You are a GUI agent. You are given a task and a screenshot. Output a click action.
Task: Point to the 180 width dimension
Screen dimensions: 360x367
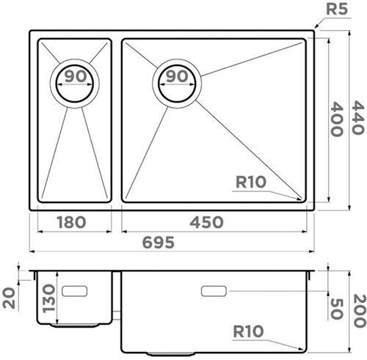point(71,222)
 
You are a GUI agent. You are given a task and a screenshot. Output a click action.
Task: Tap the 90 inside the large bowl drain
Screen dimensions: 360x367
point(176,76)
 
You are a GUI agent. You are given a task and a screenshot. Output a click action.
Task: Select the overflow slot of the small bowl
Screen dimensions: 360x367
point(75,291)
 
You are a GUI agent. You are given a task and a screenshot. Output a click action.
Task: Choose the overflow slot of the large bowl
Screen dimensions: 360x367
point(214,291)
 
